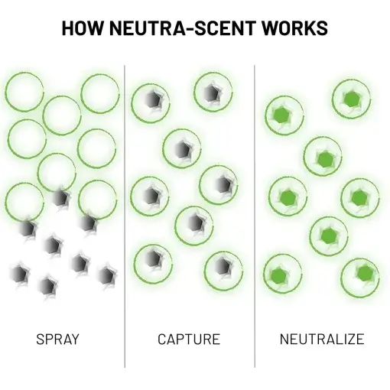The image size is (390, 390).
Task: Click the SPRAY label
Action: point(57,338)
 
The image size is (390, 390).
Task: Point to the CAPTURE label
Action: point(189,338)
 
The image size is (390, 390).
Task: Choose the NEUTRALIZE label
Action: point(321,338)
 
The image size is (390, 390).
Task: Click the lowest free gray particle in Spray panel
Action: point(47,286)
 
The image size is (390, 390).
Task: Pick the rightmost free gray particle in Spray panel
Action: point(105,273)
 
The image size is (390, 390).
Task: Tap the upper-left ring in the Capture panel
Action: point(151,102)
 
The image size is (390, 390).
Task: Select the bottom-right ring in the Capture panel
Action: point(222,267)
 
